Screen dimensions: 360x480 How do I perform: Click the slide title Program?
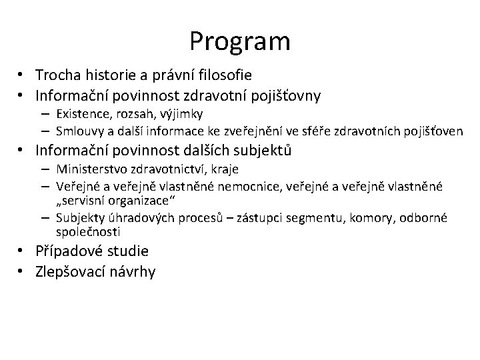click(x=239, y=41)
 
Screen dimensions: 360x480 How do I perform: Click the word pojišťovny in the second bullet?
click(x=286, y=96)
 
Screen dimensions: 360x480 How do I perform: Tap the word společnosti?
click(x=88, y=232)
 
